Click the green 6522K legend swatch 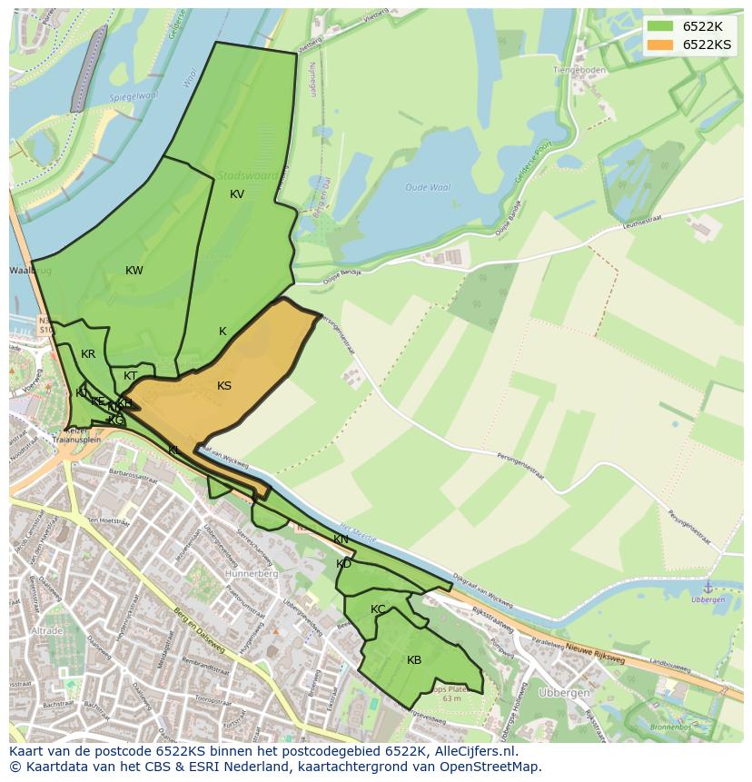[x=660, y=25]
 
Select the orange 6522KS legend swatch [x=660, y=45]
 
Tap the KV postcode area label [x=237, y=194]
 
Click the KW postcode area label [x=134, y=271]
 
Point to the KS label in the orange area [x=224, y=386]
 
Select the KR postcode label [x=88, y=354]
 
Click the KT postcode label [x=131, y=376]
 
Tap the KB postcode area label [x=414, y=660]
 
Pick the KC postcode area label [x=378, y=609]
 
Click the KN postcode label [x=341, y=539]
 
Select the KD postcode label [x=343, y=564]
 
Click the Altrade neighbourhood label [x=45, y=630]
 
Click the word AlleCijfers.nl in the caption [x=473, y=752]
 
